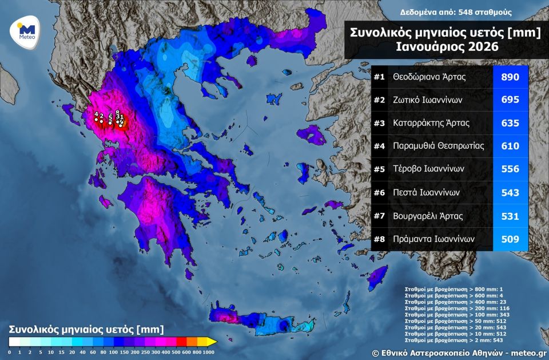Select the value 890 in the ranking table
[x=510, y=77]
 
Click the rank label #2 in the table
[x=379, y=100]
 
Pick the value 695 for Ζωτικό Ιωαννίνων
[x=510, y=100]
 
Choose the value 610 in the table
[x=510, y=147]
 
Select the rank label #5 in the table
[x=379, y=169]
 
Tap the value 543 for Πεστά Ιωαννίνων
[x=510, y=193]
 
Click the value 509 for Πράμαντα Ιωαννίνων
[x=510, y=239]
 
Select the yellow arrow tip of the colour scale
[x=213, y=342]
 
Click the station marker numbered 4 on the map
[x=96, y=119]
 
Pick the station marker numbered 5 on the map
[x=110, y=122]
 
